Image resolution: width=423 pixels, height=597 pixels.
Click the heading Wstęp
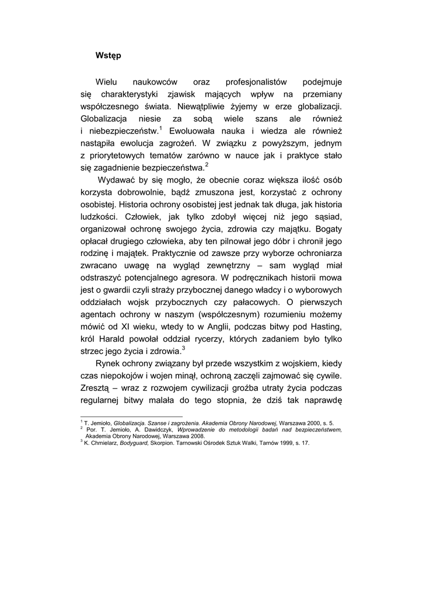(x=108, y=56)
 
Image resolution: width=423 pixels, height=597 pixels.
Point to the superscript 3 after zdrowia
(x=183, y=348)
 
